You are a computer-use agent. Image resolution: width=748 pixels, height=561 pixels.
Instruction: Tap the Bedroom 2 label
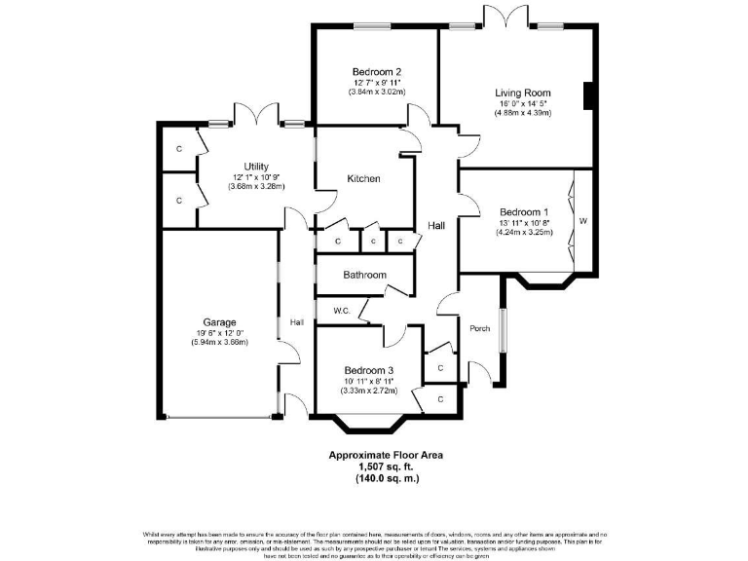[377, 71]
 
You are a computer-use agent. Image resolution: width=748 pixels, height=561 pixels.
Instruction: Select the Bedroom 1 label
[524, 212]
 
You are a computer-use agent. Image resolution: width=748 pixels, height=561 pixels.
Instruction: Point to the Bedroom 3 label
[368, 370]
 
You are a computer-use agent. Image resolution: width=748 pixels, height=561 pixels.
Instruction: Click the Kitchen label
[363, 178]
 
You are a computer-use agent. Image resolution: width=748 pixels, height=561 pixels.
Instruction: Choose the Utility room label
[256, 167]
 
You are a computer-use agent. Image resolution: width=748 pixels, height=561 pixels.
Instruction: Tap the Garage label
[219, 322]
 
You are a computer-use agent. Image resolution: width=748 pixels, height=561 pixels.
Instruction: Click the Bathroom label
[364, 275]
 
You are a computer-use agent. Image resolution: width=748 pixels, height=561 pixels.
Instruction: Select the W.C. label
[341, 312]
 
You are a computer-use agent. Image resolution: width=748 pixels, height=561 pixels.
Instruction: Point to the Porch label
[479, 327]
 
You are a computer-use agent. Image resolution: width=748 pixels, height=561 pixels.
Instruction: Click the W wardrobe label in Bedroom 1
[583, 221]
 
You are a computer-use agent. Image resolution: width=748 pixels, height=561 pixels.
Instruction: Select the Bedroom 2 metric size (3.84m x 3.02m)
[377, 93]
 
